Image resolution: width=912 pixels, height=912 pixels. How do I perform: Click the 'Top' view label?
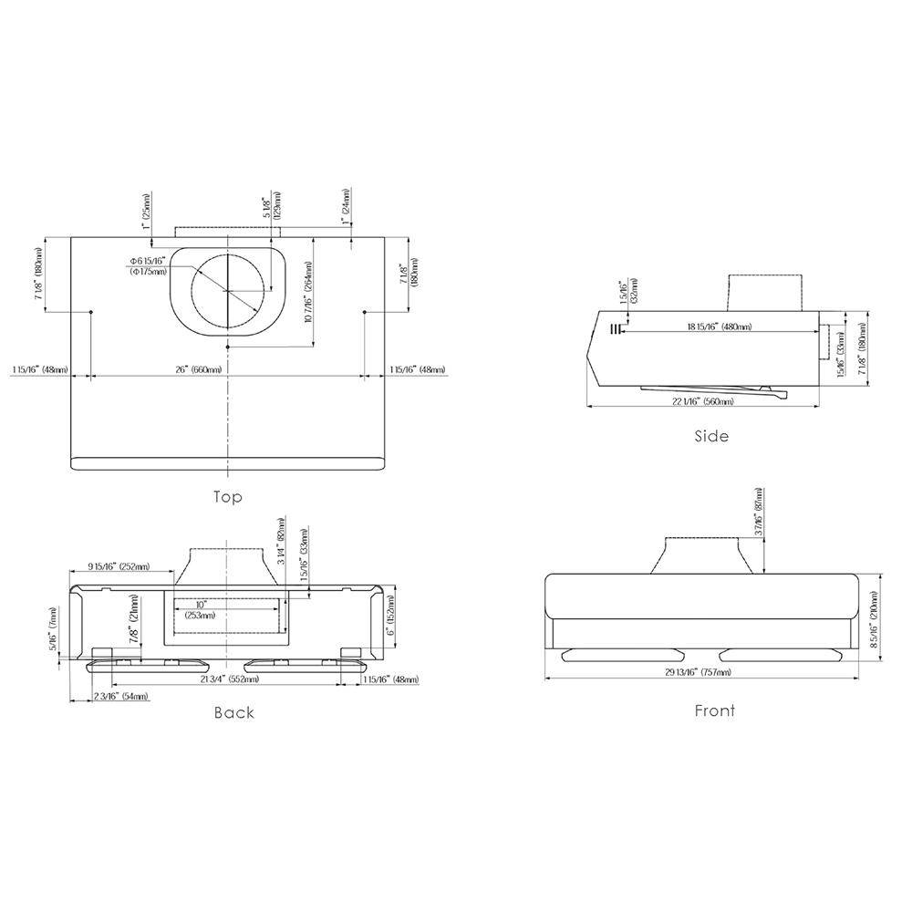click(x=227, y=497)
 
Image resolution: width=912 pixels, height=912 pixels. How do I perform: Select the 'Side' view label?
click(x=711, y=436)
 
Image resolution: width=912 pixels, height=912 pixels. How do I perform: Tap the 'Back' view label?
click(x=233, y=712)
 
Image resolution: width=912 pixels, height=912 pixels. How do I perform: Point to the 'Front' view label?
click(x=714, y=710)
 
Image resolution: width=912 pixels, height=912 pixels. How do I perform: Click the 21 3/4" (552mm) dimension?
click(x=230, y=679)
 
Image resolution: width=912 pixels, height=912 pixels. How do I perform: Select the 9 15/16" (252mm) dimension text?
click(x=119, y=566)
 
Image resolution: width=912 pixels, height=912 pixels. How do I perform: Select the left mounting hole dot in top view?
click(x=92, y=313)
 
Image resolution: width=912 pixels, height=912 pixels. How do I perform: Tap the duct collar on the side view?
click(x=764, y=291)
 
